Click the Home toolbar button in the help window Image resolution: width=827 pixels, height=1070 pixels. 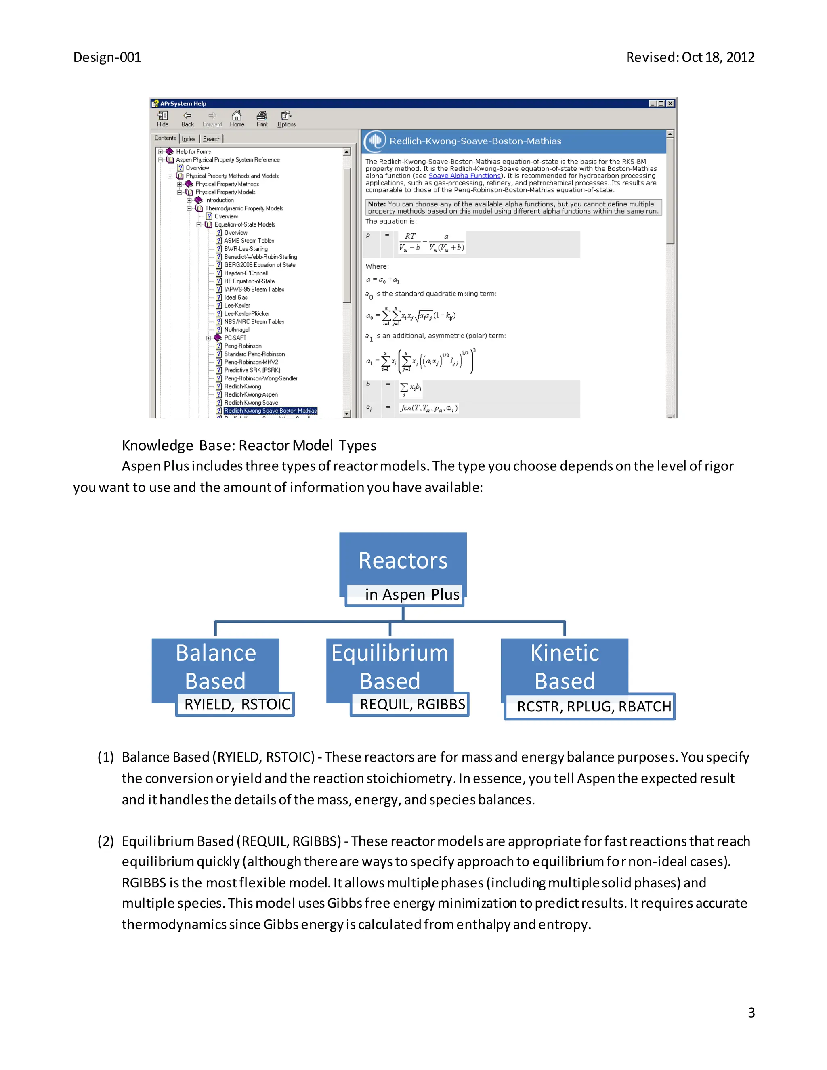(x=237, y=119)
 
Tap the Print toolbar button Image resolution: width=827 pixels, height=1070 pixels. (x=262, y=119)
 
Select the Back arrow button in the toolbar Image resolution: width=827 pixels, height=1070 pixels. (x=187, y=119)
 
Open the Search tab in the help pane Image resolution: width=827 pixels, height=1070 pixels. (x=212, y=139)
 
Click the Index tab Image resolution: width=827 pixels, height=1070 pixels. (x=189, y=139)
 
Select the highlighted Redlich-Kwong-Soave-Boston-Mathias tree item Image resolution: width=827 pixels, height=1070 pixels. (x=270, y=411)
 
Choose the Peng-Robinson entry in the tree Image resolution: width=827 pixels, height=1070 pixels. (x=243, y=346)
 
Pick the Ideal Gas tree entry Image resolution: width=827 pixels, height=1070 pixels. (x=236, y=298)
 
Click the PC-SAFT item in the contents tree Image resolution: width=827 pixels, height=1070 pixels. (x=235, y=338)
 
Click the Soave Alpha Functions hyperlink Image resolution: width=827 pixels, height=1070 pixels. (x=464, y=176)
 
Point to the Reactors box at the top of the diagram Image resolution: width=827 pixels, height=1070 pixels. (x=403, y=561)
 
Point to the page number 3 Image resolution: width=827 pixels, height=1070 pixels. (x=751, y=1013)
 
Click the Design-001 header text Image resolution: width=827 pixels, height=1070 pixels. (x=107, y=57)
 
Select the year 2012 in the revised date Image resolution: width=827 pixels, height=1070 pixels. (x=740, y=57)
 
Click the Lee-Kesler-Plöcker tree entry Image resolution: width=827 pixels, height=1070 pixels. (x=246, y=314)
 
